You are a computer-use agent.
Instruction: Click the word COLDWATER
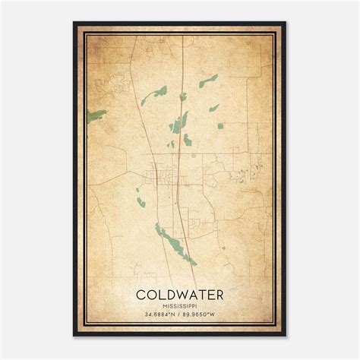pos(180,293)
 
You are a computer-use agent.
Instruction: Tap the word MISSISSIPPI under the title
pos(180,305)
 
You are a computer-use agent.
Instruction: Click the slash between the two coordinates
pos(180,315)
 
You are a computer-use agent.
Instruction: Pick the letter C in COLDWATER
pos(142,293)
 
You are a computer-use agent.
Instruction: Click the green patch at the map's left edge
pos(96,115)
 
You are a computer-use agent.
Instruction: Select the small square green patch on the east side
pos(219,125)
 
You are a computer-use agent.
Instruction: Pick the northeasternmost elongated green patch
pos(208,80)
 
